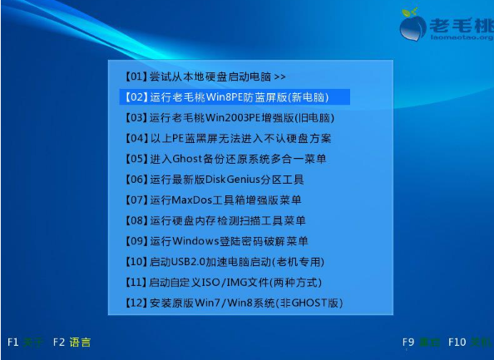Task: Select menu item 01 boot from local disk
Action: (204, 76)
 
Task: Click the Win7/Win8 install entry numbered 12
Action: (233, 303)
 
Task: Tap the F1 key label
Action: (13, 342)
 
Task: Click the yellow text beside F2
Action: (81, 342)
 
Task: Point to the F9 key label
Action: (408, 342)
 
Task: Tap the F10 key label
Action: (457, 342)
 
